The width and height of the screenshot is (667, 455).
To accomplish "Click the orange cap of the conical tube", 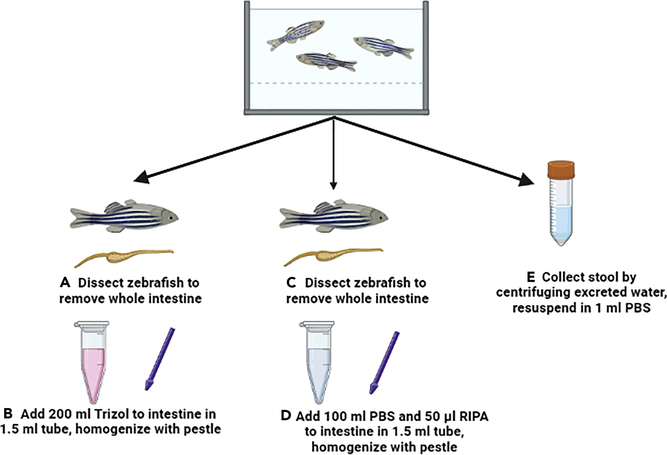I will tap(561, 170).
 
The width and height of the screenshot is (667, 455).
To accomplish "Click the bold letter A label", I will tap(65, 283).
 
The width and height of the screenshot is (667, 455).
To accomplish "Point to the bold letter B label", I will tap(8, 413).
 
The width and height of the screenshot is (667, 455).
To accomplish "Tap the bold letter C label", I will tap(291, 283).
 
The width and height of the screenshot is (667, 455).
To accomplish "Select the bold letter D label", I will tap(286, 416).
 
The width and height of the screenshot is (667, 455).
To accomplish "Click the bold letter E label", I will tap(531, 277).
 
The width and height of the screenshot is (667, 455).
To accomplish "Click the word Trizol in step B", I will tap(110, 414).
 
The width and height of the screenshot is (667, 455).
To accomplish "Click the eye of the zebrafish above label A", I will tap(171, 217).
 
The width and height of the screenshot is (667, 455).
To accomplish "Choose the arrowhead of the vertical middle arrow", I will tap(333, 186).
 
